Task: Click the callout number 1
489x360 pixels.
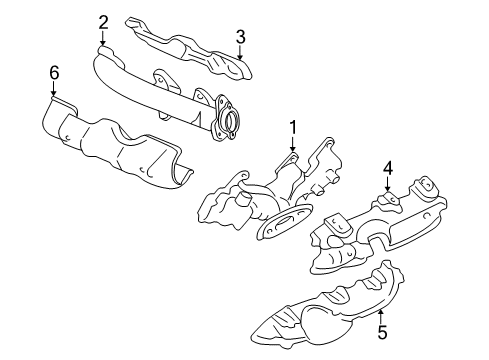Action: [x=293, y=127]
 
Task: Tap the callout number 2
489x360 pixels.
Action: [x=103, y=21]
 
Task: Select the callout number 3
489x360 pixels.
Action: [x=240, y=37]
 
